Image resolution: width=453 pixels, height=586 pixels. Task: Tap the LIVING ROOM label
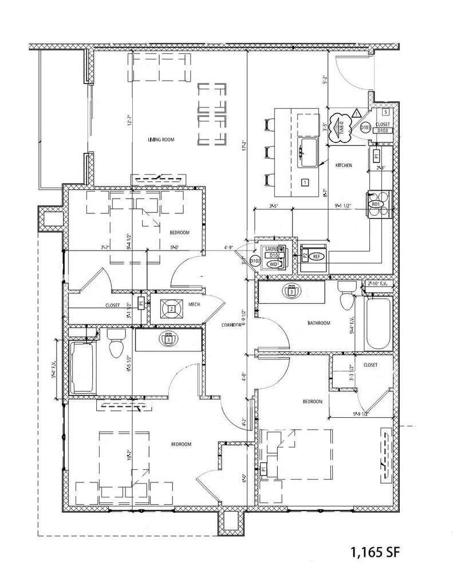[160, 140]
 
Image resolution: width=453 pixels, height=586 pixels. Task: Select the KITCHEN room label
[344, 165]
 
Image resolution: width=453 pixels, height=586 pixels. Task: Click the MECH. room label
[194, 305]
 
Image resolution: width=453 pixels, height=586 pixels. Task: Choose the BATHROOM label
[319, 323]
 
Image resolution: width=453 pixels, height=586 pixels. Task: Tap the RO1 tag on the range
[376, 204]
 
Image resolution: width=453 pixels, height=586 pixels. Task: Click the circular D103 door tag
[365, 128]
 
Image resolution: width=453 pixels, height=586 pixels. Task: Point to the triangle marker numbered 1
[356, 112]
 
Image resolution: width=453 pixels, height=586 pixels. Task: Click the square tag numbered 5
[386, 113]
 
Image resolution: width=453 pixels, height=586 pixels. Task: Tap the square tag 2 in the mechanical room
[171, 310]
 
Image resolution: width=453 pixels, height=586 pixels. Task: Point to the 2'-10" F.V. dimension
[378, 283]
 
